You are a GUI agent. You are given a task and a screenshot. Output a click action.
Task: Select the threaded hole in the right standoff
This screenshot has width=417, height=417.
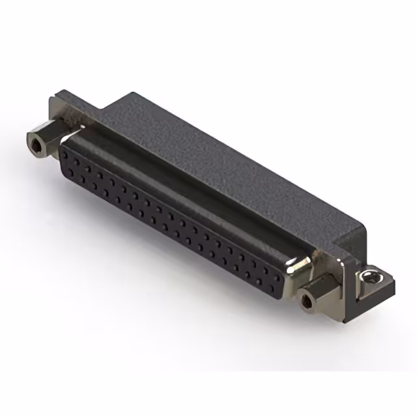[306, 301]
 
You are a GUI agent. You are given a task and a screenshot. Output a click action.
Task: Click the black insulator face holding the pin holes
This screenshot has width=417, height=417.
[169, 215]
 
